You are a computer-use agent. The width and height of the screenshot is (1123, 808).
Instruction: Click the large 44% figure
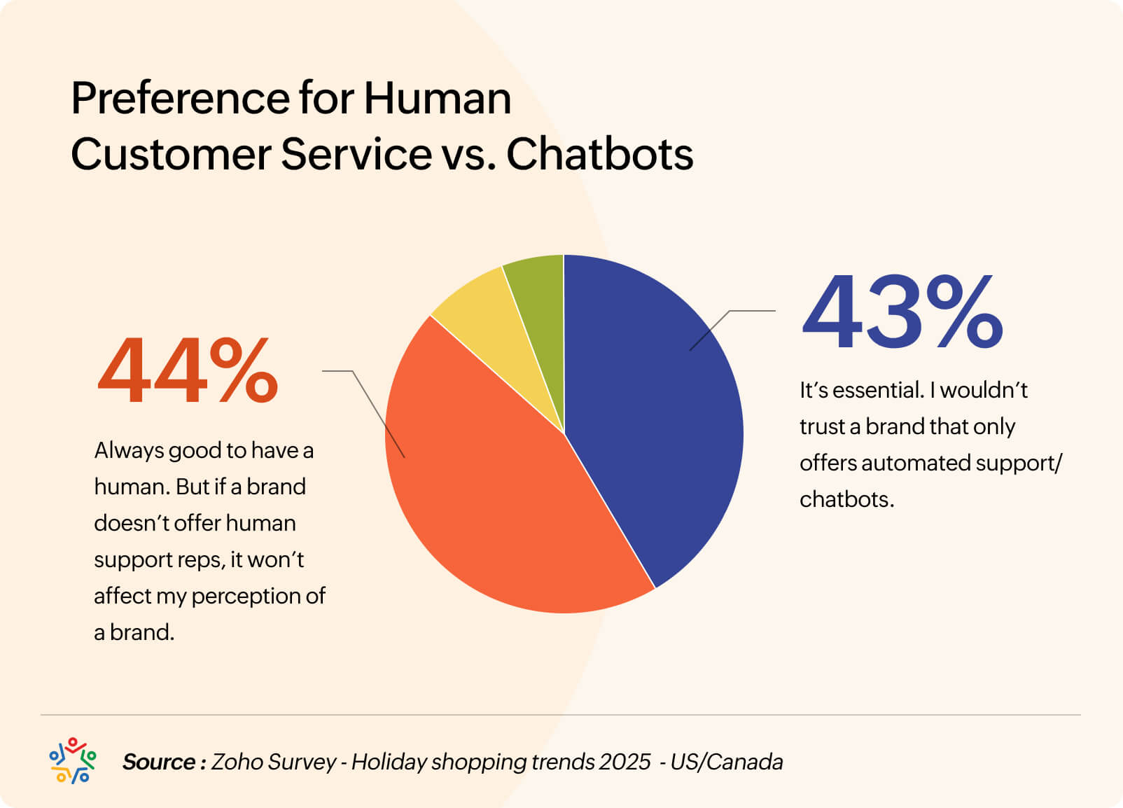188,371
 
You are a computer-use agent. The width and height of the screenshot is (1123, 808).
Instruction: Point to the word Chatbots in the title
599,154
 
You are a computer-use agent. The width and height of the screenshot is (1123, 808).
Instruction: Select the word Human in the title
438,98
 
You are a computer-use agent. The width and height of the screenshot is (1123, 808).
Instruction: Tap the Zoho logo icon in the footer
72,760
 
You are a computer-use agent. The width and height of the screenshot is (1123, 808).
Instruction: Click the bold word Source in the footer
159,762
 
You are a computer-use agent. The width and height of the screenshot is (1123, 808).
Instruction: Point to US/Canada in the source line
726,762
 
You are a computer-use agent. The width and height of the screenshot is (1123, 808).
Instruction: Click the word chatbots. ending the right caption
846,499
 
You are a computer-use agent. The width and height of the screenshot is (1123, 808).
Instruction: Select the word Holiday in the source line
389,762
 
